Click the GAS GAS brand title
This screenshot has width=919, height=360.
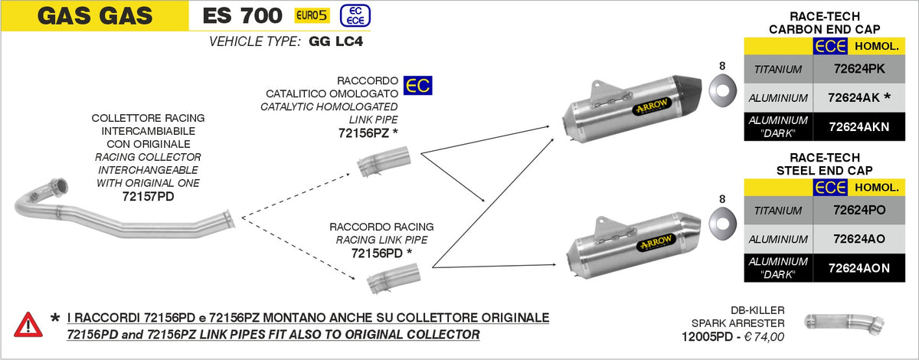(94, 15)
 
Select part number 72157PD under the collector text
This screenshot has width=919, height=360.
(148, 197)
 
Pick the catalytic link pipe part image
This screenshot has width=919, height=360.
(385, 162)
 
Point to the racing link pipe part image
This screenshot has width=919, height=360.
(385, 282)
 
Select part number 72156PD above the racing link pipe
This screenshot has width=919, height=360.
(377, 253)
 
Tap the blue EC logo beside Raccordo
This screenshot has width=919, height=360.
(417, 85)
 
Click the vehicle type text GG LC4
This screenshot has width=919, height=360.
(336, 41)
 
